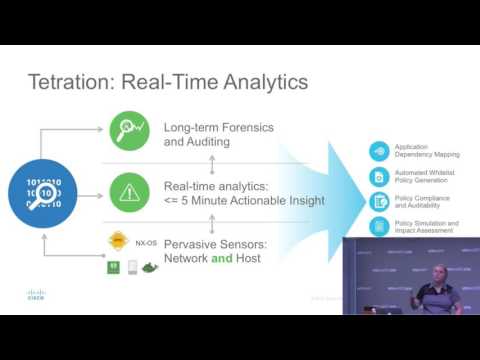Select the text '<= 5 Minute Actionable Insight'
[x=244, y=200]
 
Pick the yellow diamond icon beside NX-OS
[x=119, y=242]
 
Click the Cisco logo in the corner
[x=36, y=295]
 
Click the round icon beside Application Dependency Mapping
[x=379, y=152]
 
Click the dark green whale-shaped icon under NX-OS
[x=150, y=267]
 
